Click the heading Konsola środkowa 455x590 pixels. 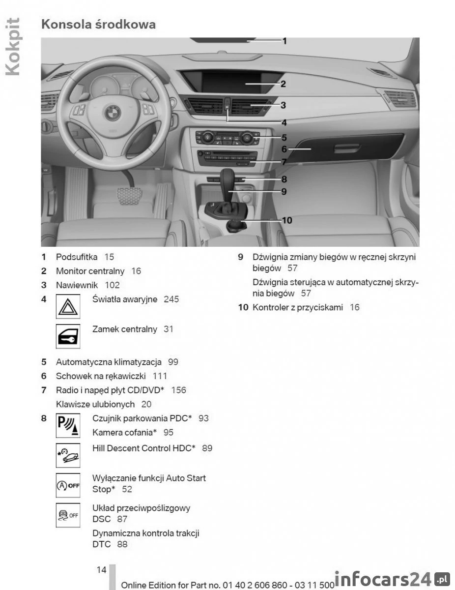pyautogui.click(x=98, y=24)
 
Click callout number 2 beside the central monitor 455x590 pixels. pyautogui.click(x=284, y=84)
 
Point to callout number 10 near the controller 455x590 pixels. pyautogui.click(x=286, y=220)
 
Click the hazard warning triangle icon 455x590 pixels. pyautogui.click(x=68, y=306)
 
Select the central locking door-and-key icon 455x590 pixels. pyautogui.click(x=68, y=336)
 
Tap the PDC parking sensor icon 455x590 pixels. pyautogui.click(x=68, y=425)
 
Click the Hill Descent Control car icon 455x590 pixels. pyautogui.click(x=68, y=455)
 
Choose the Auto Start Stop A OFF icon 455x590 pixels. pyautogui.click(x=68, y=485)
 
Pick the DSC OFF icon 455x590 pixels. pyautogui.click(x=68, y=515)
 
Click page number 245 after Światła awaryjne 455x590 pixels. pyautogui.click(x=171, y=299)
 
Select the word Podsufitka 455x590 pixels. pyautogui.click(x=77, y=257)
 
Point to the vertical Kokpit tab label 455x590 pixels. pyautogui.click(x=13, y=47)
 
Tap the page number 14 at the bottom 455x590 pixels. pyautogui.click(x=101, y=570)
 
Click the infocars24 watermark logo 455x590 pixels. pyautogui.click(x=391, y=579)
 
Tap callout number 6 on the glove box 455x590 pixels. pyautogui.click(x=284, y=149)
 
